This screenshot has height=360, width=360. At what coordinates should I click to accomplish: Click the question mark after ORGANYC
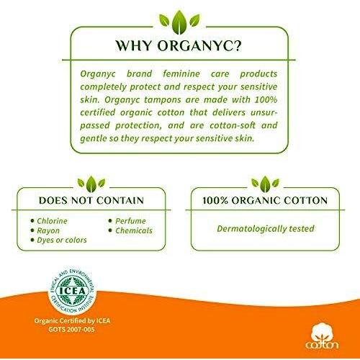point(236,45)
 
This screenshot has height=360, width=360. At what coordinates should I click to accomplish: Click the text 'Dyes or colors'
point(62,240)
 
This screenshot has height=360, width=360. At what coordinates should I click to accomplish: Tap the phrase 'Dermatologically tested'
point(266,228)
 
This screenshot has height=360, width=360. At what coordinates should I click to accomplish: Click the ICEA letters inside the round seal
point(72,291)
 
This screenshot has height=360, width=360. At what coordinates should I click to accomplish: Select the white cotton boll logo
point(322,336)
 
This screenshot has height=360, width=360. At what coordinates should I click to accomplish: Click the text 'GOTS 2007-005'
point(71,329)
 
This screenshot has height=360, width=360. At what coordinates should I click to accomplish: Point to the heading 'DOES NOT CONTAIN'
point(91,200)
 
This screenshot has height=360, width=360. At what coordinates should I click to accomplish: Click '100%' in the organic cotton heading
point(215,200)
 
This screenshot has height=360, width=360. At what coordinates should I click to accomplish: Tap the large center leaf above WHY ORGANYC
point(179,22)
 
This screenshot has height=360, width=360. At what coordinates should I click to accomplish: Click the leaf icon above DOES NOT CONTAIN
point(91,184)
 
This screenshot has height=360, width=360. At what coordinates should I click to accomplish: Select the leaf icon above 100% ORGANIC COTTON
point(265,184)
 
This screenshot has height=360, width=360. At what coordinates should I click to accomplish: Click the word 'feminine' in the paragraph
point(181,73)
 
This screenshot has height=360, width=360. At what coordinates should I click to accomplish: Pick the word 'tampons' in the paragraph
point(163,99)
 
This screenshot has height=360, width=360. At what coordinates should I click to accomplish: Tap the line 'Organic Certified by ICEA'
point(72,320)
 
